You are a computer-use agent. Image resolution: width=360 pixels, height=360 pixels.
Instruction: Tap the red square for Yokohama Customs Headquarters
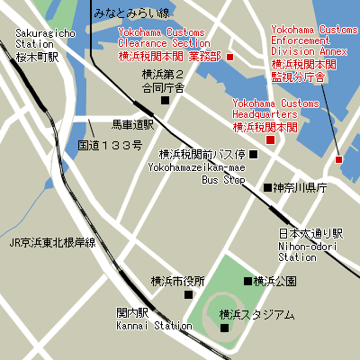pos(270,139)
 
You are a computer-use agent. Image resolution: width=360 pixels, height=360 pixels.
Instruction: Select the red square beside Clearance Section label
pos(229,58)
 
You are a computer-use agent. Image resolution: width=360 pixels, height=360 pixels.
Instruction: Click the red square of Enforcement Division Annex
pos(338,159)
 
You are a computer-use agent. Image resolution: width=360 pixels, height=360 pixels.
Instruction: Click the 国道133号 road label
pos(110,145)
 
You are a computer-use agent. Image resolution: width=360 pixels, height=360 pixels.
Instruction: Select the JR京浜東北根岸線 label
pos(52,242)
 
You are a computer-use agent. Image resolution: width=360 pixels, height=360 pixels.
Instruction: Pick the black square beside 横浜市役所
pos(188,294)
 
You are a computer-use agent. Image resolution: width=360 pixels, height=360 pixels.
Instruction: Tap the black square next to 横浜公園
pos(247,281)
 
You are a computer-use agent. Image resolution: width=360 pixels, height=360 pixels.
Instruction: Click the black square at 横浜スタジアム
pos(225,328)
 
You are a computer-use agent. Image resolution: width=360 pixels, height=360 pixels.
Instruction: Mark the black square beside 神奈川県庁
pos(266,187)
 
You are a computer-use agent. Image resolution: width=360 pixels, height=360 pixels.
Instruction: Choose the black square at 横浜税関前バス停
pos(253,154)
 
